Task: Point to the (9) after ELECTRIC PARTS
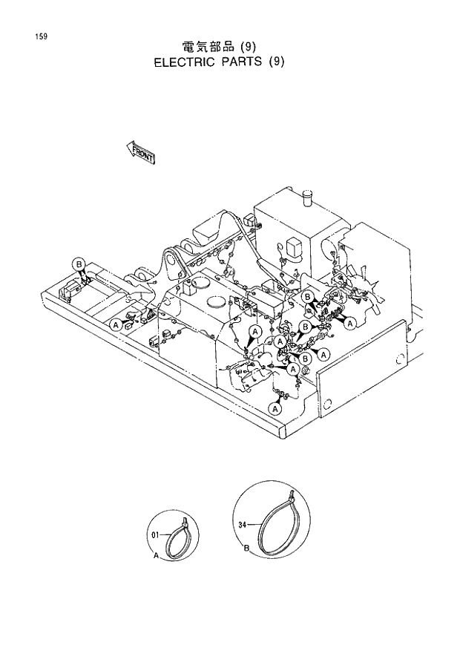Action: [x=276, y=62]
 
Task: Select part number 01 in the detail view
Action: [x=155, y=533]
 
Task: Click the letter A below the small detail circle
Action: [x=156, y=554]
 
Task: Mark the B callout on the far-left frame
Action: [x=78, y=264]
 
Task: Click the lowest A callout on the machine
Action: [x=276, y=408]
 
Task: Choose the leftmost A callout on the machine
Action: [x=115, y=325]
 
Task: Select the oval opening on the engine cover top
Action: [x=216, y=303]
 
